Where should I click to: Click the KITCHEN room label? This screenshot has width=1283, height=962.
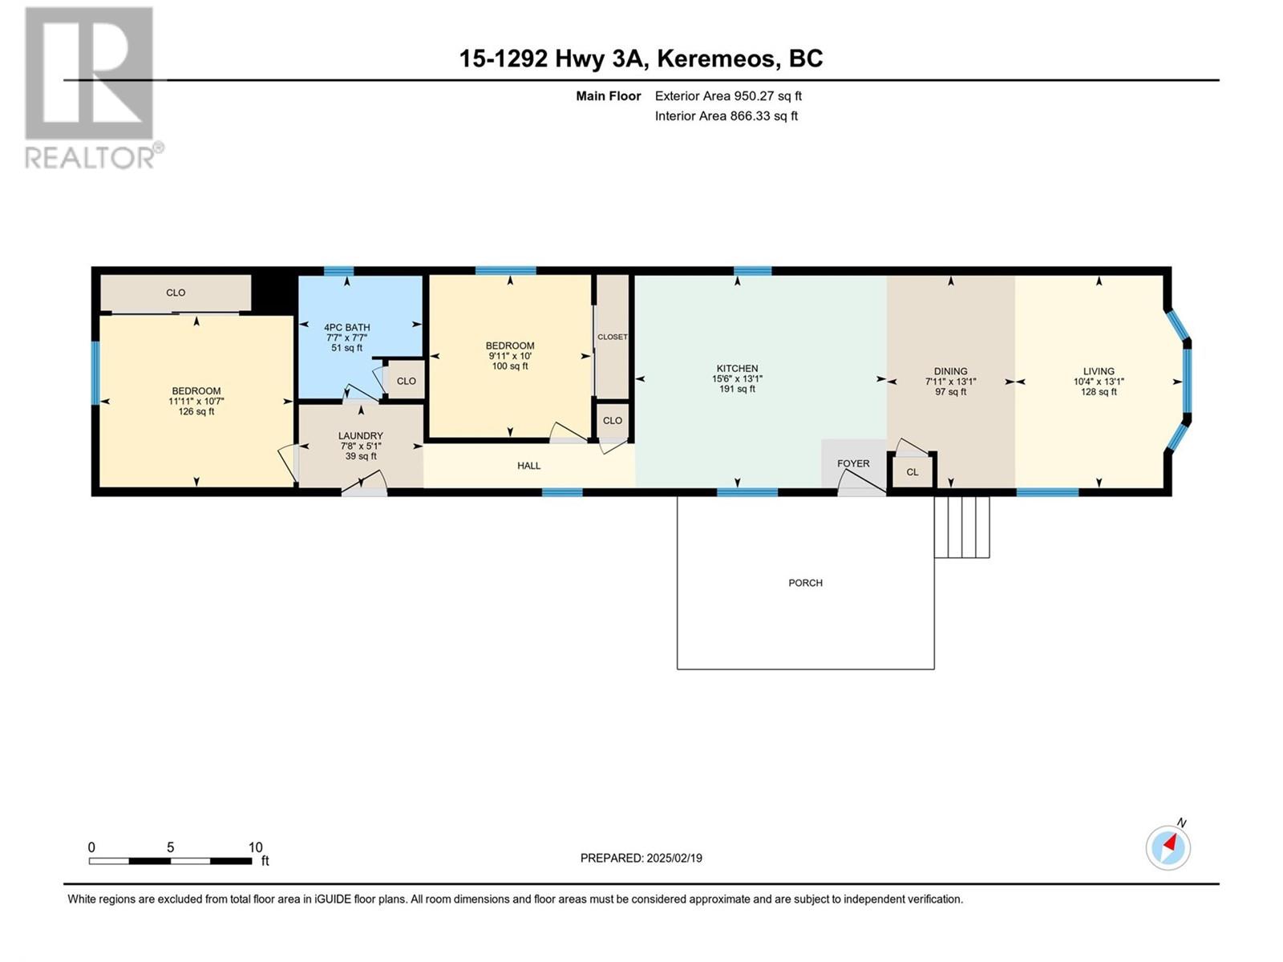(x=737, y=369)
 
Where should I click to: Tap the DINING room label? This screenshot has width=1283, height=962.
(x=950, y=371)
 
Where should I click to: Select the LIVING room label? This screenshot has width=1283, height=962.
(x=1099, y=371)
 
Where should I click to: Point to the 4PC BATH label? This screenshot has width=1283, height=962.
(x=346, y=328)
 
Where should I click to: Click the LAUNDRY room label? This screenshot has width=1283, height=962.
(x=361, y=436)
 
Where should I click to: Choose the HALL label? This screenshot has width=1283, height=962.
(x=528, y=466)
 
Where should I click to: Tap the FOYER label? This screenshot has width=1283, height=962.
(x=853, y=463)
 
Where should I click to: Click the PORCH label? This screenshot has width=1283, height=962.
(x=805, y=583)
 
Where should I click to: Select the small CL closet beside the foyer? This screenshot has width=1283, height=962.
(x=913, y=472)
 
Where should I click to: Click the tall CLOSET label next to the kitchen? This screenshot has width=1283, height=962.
(x=612, y=337)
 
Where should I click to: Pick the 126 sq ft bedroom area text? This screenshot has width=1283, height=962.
(x=196, y=412)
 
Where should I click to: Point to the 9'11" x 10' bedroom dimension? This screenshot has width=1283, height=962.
(x=510, y=356)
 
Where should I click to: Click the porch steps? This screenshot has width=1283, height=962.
(x=961, y=527)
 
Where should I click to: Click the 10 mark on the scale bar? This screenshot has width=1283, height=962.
(x=256, y=847)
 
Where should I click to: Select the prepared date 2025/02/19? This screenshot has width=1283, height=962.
(x=674, y=858)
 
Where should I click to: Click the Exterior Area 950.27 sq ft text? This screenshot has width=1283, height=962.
(x=728, y=95)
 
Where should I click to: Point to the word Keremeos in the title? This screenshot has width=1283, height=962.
(x=718, y=59)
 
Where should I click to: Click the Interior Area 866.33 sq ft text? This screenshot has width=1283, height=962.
(x=726, y=115)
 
